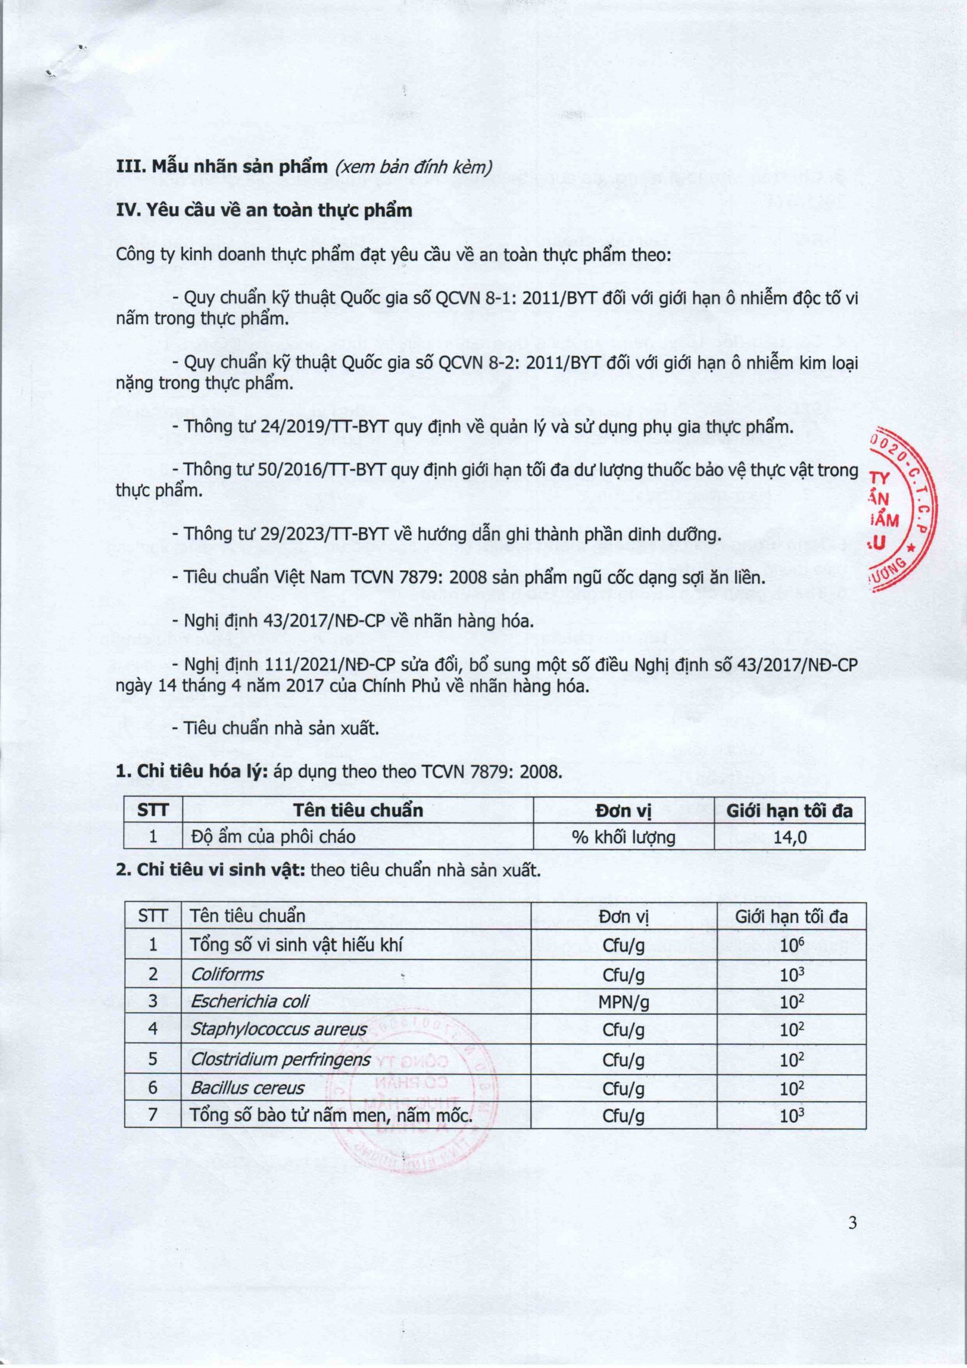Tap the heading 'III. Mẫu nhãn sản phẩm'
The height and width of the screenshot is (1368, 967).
tap(222, 166)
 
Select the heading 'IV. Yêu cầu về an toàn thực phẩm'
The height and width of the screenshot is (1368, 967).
tap(264, 211)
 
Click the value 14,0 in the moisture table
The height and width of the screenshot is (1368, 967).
tap(790, 837)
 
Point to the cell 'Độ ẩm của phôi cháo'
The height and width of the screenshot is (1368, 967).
tap(273, 837)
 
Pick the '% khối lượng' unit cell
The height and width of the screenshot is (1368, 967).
tap(623, 837)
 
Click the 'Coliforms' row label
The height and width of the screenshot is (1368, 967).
tap(227, 975)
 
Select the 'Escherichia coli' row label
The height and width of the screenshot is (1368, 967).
tap(249, 1001)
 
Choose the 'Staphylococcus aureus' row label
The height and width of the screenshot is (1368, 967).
tap(278, 1030)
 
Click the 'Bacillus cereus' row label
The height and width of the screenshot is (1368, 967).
tap(247, 1088)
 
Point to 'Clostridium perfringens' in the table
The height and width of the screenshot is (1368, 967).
tap(280, 1059)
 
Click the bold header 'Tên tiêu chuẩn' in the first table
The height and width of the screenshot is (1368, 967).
tap(357, 810)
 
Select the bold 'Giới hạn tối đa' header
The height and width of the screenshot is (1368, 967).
tap(790, 810)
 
